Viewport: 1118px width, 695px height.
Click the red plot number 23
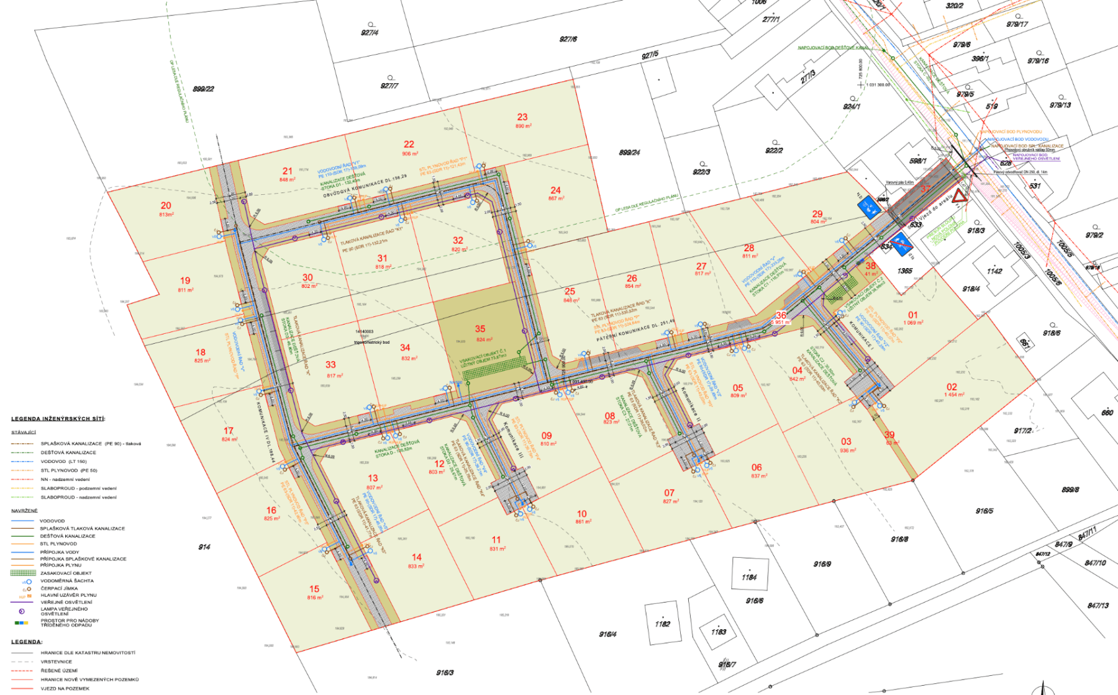tap(522, 117)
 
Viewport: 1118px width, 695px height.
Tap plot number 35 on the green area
tap(480, 329)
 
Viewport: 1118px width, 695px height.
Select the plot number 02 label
tap(952, 387)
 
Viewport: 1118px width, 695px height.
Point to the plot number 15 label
tap(314, 589)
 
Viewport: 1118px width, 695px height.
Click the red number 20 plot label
tap(166, 205)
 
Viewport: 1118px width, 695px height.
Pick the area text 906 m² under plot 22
tap(410, 154)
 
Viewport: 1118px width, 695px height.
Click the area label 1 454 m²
tap(954, 395)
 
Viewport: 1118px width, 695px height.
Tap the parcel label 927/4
tap(370, 33)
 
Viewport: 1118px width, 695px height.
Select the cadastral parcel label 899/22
tap(203, 89)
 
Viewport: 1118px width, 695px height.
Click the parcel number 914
tap(204, 547)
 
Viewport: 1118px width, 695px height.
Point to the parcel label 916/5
tap(984, 511)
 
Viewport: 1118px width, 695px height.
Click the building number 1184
tap(749, 577)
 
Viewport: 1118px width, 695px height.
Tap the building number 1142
tap(994, 271)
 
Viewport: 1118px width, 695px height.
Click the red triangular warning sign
tap(960, 197)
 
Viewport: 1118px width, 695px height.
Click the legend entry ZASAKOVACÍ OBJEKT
tap(66, 573)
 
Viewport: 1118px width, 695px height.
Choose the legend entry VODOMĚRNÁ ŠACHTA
tap(67, 581)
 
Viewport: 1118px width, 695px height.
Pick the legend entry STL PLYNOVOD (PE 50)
tap(69, 470)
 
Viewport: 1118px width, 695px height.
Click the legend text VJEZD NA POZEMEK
tap(65, 688)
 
